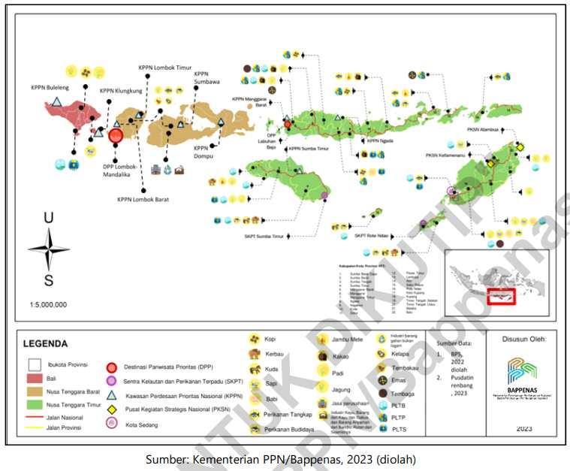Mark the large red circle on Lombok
point(116,136)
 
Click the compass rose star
point(49,249)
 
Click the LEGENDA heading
point(46,344)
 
